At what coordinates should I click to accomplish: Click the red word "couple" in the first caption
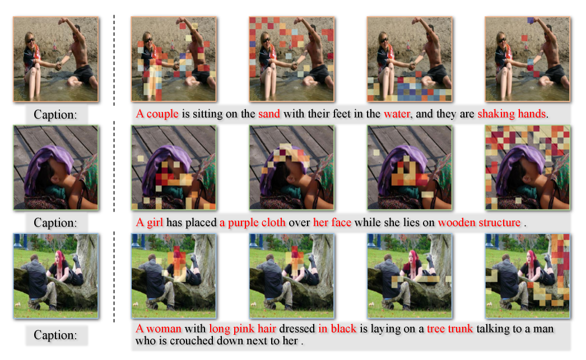coord(162,114)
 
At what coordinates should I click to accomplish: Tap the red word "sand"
coord(269,114)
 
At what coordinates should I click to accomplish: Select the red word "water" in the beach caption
coord(397,114)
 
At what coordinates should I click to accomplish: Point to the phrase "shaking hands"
coord(511,114)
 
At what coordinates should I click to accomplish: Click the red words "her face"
coord(332,223)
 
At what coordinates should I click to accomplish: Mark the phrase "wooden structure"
coord(479,223)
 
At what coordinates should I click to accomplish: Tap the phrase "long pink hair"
coord(242,329)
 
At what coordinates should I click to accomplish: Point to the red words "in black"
coord(337,329)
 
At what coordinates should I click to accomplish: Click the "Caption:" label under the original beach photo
coord(55,114)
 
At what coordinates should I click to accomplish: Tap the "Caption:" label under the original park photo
coord(55,335)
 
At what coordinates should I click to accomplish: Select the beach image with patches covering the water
coord(410,59)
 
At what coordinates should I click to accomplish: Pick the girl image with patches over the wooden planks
coord(527,167)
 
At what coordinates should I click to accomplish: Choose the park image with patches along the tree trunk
coord(527,276)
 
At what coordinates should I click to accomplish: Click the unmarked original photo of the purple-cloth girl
coord(55,167)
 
